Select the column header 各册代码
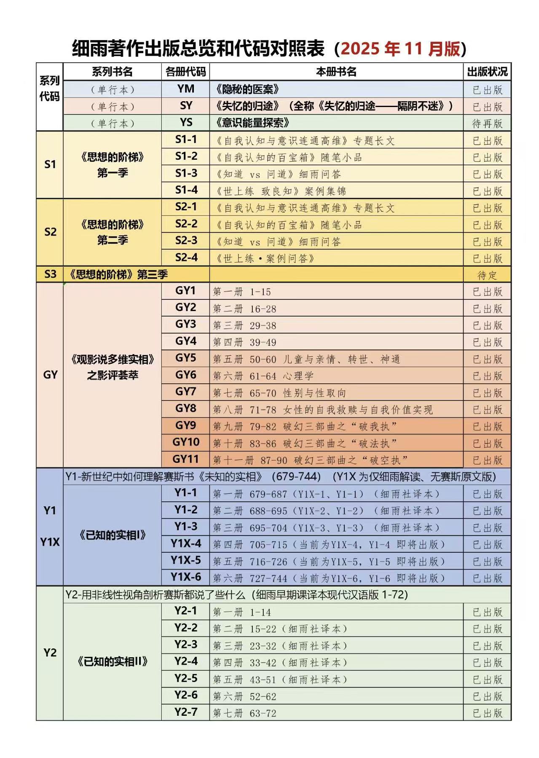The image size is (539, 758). tap(185, 72)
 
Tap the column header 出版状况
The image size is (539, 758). tap(487, 72)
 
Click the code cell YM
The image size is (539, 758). tap(185, 89)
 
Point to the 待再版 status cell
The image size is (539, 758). tap(487, 124)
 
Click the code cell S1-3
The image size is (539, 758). tap(186, 173)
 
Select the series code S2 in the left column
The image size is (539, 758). tap(50, 232)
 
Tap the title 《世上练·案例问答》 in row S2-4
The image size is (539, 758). tap(265, 258)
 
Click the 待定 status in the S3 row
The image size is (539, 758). tap(487, 275)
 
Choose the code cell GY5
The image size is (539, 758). tap(185, 358)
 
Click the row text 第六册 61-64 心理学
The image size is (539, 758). tap(263, 376)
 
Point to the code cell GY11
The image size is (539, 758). tap(185, 459)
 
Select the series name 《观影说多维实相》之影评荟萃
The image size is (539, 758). tap(113, 367)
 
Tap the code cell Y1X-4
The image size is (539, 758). tap(185, 544)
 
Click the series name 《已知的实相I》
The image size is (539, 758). tap(113, 535)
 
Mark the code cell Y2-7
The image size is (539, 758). tap(185, 712)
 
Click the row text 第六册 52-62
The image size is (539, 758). tap(244, 696)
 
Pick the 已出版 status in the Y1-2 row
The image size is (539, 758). tap(487, 511)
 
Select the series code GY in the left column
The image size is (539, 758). tap(50, 375)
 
